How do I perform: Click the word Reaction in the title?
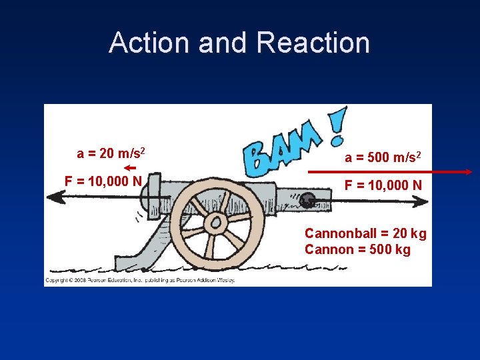pos(313,43)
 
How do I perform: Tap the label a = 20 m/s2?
pos(111,154)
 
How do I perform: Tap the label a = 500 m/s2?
pos(383,157)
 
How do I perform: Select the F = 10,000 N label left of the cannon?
pos(103,181)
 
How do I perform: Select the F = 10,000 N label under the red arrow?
pos(383,185)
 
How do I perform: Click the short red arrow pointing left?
pos(130,167)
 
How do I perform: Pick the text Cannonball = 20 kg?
pos(365,234)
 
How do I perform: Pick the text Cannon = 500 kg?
pos(357,250)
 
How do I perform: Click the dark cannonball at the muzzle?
pos(307,199)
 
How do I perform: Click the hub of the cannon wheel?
pos(216,221)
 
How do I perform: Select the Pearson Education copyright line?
pos(140,280)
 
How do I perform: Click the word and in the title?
pos(224,43)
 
